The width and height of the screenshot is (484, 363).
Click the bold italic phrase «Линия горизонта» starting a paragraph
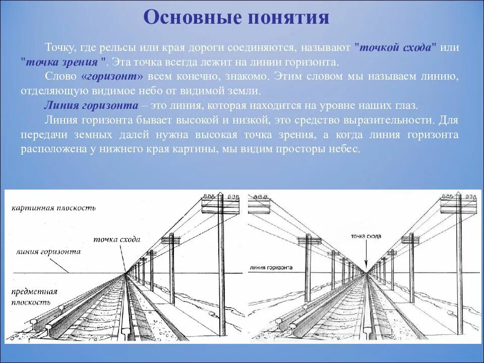point(91,106)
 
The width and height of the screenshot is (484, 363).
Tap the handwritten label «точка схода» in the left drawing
point(117,239)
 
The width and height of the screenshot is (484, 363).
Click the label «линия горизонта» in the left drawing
point(48,251)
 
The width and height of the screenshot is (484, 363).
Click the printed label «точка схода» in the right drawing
point(366,236)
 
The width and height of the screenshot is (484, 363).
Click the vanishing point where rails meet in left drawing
point(126,274)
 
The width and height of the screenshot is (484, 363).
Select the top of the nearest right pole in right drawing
point(458,194)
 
